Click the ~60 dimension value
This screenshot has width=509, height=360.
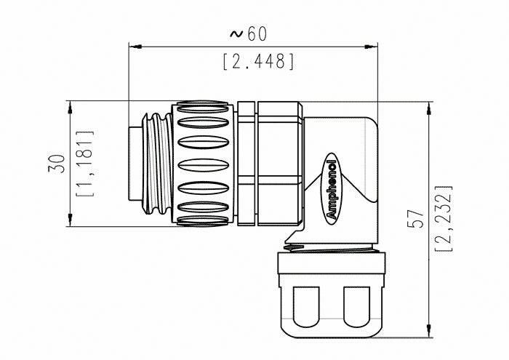pos(249,33)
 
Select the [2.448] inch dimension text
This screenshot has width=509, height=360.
pos(259,61)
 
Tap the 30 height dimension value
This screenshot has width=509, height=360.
pos(57,164)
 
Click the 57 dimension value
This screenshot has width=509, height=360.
pos(416,218)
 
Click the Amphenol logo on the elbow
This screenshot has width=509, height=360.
pos(332,189)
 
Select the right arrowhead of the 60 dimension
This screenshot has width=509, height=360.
pos(371,47)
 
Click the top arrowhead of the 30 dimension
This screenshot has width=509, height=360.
pos(70,108)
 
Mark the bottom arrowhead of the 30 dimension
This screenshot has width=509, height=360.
pos(70,220)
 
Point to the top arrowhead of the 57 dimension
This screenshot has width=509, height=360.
pos(429,108)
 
